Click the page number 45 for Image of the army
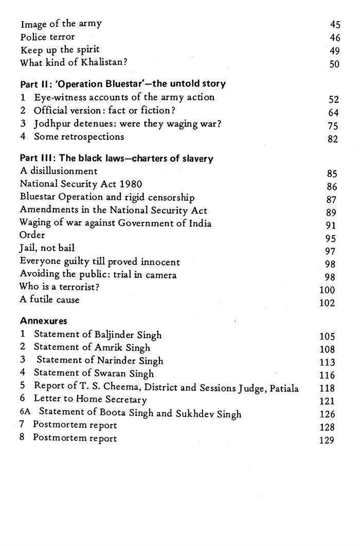335,24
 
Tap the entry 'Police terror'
47,37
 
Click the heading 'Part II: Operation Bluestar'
122,83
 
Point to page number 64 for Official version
333,113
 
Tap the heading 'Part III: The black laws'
116,159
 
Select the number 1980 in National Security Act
131,184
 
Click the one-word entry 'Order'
32,235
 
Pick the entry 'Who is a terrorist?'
59,287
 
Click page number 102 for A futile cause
327,303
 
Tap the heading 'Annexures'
43,321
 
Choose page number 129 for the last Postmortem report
327,441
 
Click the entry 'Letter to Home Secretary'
90,399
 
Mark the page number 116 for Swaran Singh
327,376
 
